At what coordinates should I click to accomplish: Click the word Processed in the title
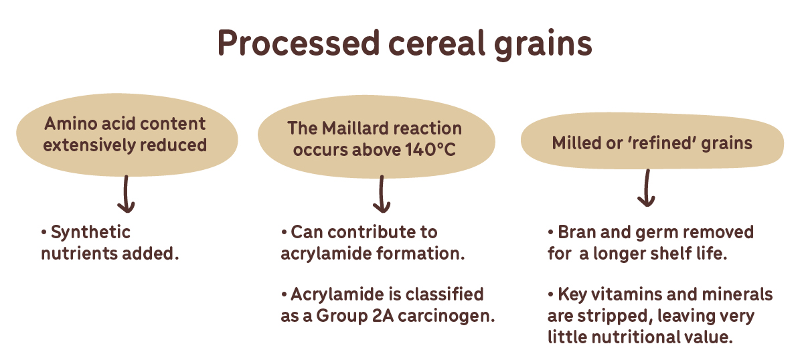click(299, 43)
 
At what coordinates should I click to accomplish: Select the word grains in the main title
click(543, 46)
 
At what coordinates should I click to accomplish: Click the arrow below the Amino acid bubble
click(126, 194)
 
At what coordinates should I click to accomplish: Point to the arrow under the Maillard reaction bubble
click(382, 194)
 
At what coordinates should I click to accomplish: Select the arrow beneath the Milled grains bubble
click(647, 188)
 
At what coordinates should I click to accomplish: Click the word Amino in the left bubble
click(71, 124)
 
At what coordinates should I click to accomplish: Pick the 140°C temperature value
click(430, 150)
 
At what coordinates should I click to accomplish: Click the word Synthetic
click(90, 232)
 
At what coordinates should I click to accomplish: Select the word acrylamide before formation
click(326, 254)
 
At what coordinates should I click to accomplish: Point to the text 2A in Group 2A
click(383, 316)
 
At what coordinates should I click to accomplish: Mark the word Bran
click(577, 232)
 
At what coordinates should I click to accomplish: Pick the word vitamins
click(623, 294)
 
